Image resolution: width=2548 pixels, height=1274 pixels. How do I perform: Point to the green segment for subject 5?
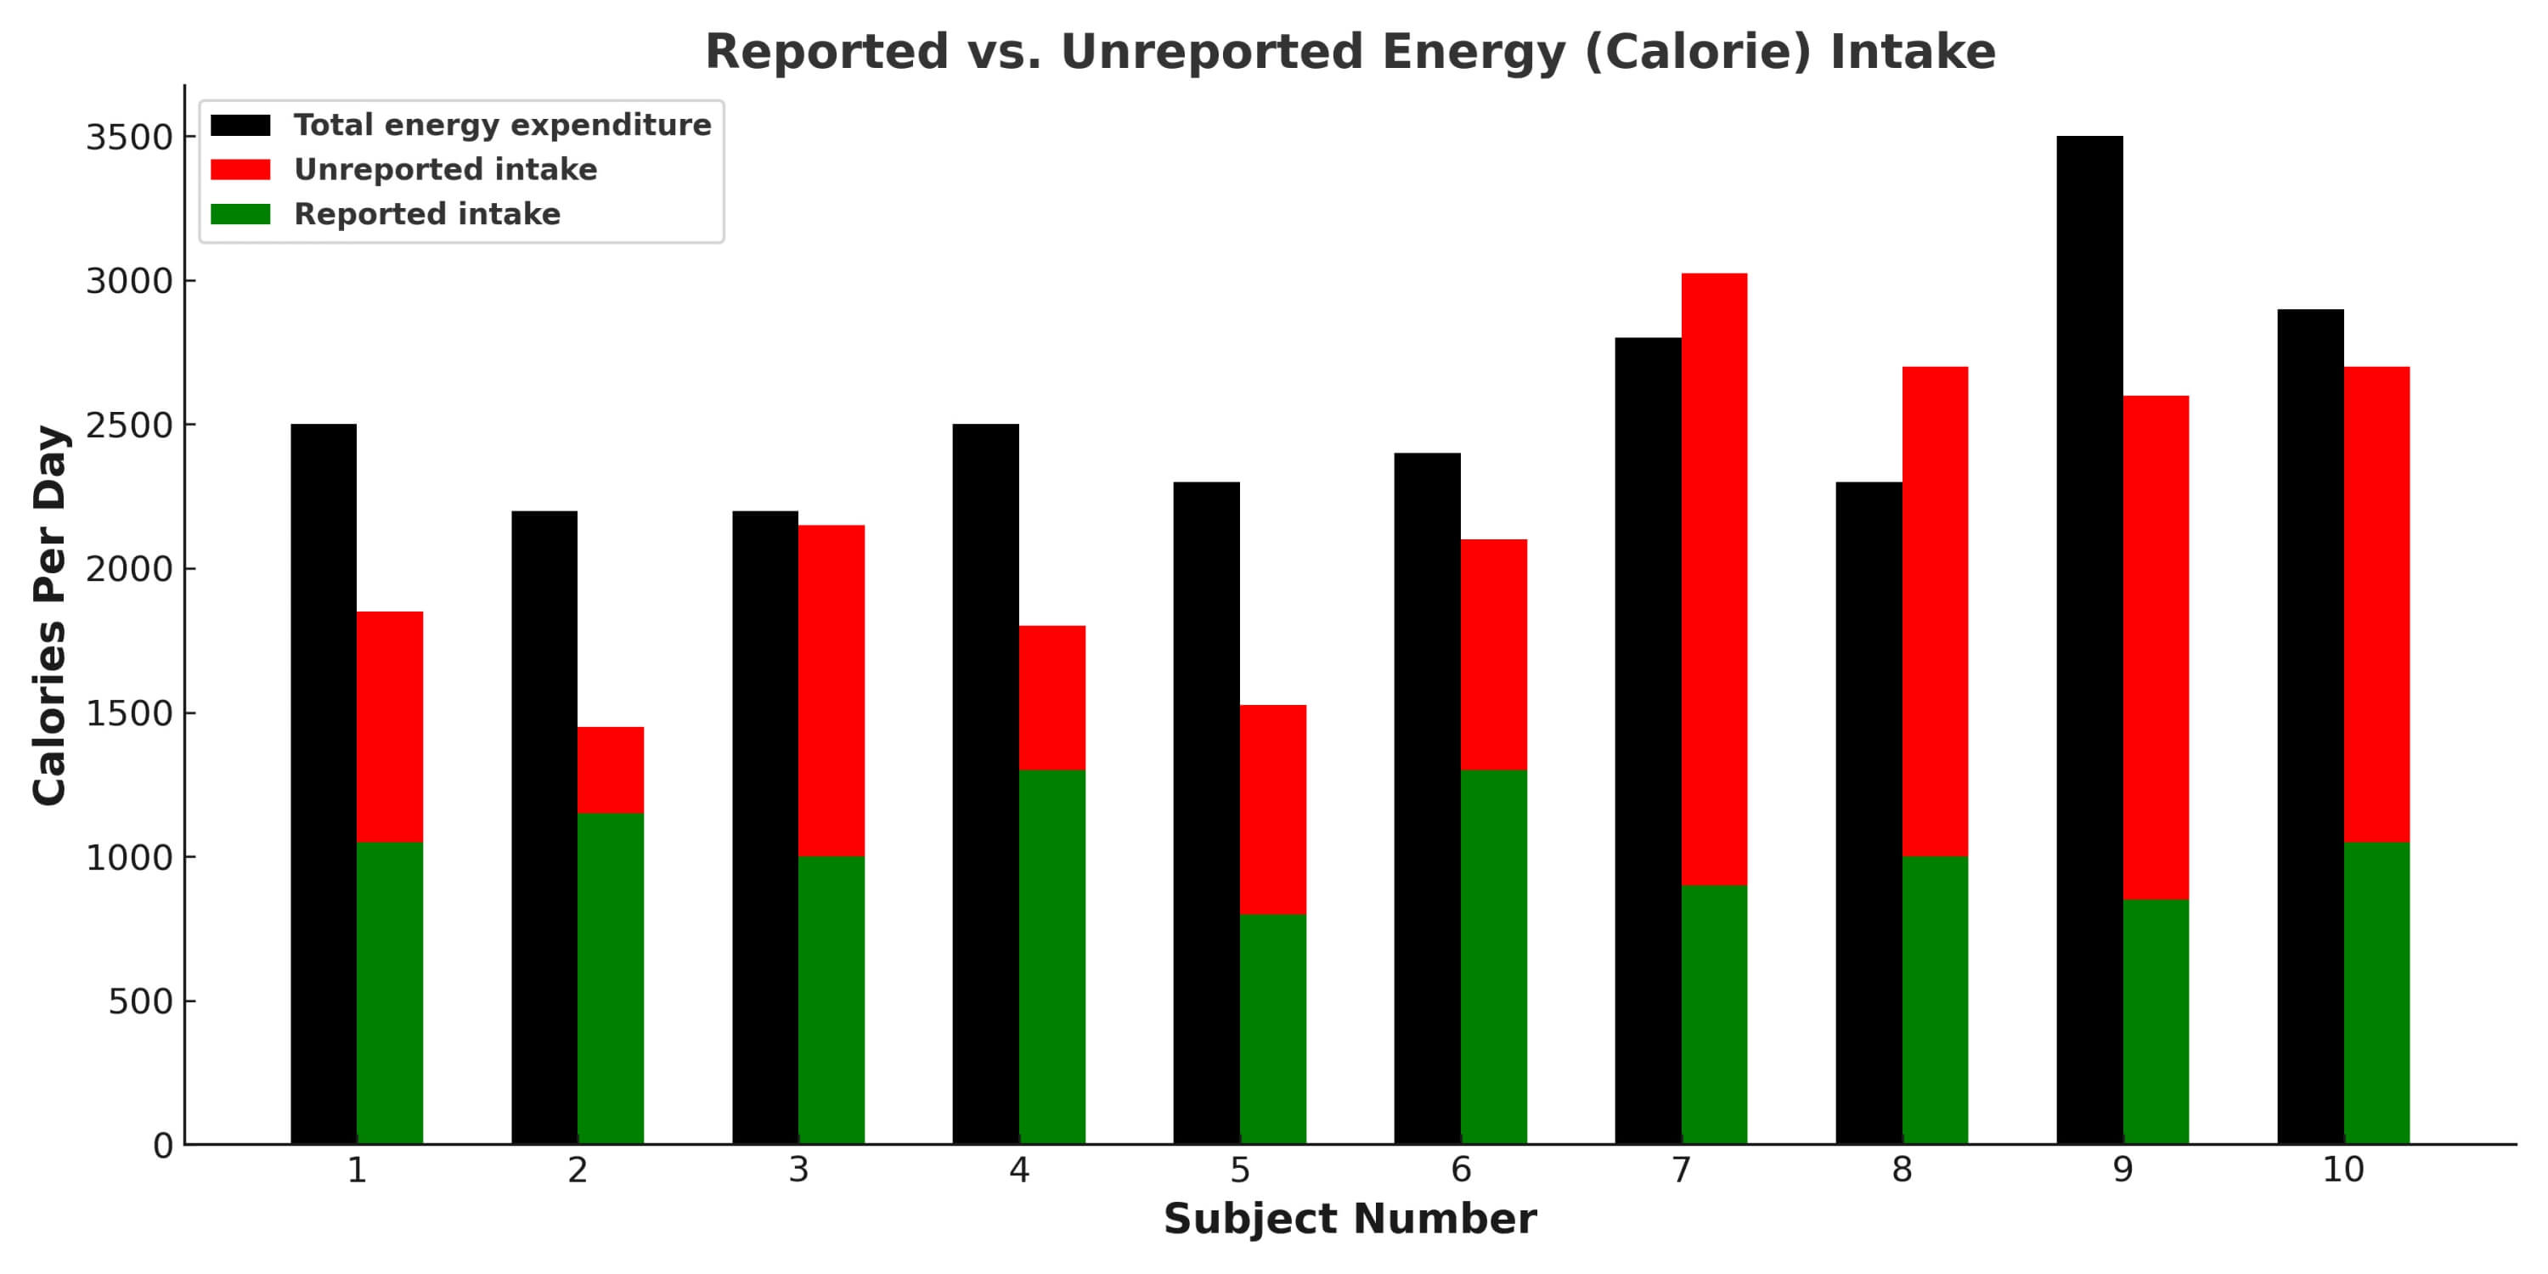click(1272, 1029)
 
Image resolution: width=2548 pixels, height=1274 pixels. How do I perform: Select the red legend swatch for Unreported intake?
click(240, 170)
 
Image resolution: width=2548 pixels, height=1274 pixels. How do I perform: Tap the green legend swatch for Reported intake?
click(240, 214)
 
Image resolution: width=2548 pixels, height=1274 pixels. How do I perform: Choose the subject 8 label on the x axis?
click(1901, 1170)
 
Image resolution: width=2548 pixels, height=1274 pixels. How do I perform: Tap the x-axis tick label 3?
click(798, 1170)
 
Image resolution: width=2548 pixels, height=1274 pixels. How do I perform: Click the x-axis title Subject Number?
click(1350, 1219)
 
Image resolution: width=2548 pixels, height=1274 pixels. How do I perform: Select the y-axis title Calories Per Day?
click(49, 615)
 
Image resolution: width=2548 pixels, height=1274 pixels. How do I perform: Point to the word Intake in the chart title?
click(1912, 52)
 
